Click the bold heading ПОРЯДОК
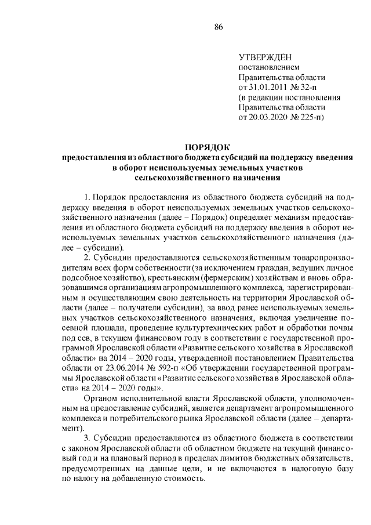[199, 147]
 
